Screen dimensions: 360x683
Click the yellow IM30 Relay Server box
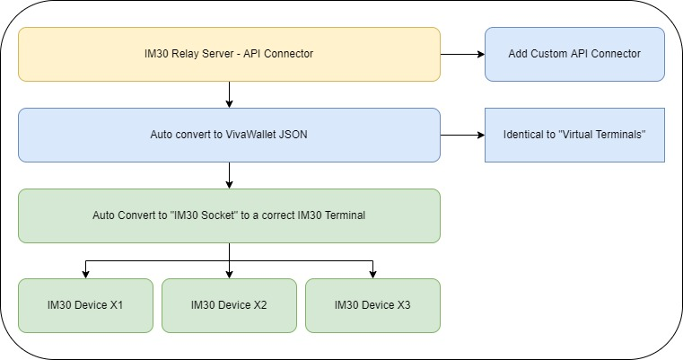pos(229,54)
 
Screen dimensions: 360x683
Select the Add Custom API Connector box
pos(574,54)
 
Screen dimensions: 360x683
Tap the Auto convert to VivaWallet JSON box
pos(229,135)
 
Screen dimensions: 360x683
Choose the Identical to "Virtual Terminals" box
pos(574,135)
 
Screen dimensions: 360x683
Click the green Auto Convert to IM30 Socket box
pos(229,215)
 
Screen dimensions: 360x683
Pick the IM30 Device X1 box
pos(85,305)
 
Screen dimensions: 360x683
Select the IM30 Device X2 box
pos(229,305)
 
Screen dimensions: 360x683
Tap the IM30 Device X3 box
pos(372,305)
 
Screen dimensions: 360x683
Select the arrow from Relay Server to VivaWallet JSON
pos(230,94)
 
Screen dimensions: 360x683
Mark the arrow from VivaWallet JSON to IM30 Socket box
pos(230,175)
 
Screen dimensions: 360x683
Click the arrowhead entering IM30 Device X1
pos(85,274)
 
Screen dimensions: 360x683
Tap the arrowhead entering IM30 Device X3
pos(372,274)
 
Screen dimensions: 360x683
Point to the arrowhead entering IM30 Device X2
pos(230,274)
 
